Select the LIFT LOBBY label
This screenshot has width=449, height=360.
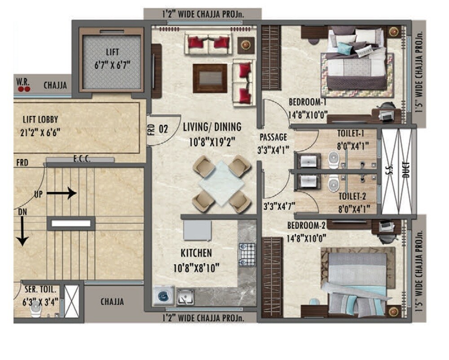[x=41, y=120]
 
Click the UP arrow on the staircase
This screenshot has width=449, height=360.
[x=61, y=193]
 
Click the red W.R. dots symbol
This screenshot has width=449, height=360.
[x=23, y=89]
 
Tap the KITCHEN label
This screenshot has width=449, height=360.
[x=196, y=253]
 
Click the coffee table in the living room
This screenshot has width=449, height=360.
[x=210, y=78]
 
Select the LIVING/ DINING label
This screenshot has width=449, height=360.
[x=212, y=127]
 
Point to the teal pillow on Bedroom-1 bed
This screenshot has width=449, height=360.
[x=343, y=48]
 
